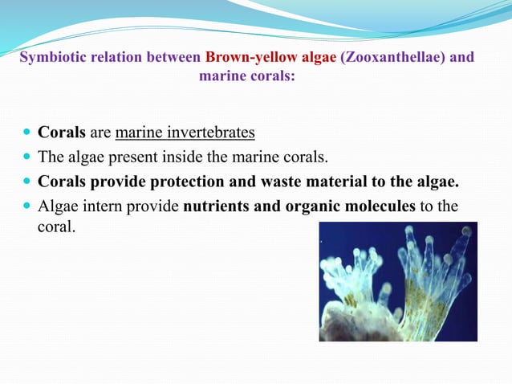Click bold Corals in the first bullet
pyautogui.click(x=62, y=132)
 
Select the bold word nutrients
pyautogui.click(x=219, y=206)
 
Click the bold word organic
pyautogui.click(x=311, y=206)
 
